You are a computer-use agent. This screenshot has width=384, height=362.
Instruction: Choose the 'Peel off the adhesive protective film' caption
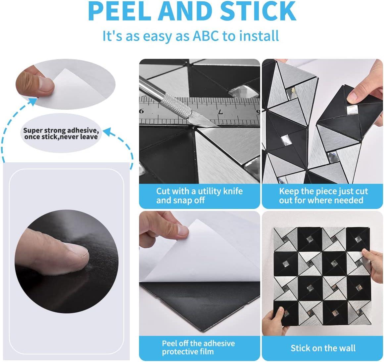(198, 347)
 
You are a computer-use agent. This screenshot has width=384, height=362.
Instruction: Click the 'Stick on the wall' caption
(323, 348)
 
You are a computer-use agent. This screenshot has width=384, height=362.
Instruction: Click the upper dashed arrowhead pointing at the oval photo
(32, 101)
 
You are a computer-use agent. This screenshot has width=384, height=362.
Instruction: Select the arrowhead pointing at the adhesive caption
(107, 131)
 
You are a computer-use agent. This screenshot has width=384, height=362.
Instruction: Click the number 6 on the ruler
(142, 111)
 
